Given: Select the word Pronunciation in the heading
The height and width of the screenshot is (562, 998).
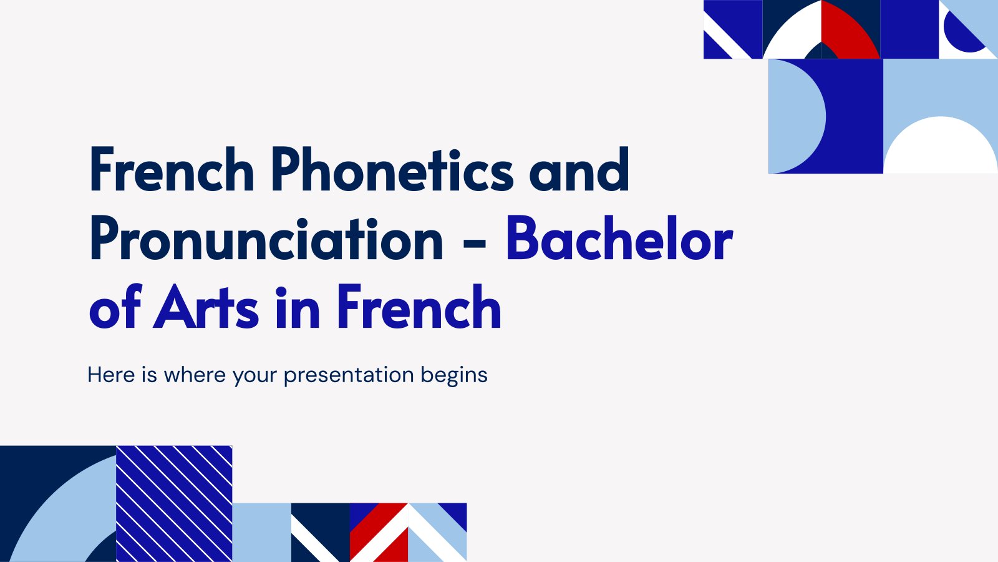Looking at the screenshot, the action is coord(266,239).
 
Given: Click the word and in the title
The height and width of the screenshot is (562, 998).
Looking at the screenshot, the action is coord(579,169).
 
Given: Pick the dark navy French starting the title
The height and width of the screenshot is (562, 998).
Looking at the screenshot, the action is coord(172,169).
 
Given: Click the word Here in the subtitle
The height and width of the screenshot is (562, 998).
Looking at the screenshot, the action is coord(112,375).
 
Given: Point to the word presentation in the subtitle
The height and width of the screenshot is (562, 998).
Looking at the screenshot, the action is coord(349,375).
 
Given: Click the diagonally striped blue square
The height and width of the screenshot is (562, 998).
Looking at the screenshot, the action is coord(174,503).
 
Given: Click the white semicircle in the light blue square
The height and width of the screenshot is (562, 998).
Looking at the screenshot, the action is coord(940,145).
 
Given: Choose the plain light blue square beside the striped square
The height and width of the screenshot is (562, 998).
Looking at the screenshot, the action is coord(262,532).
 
